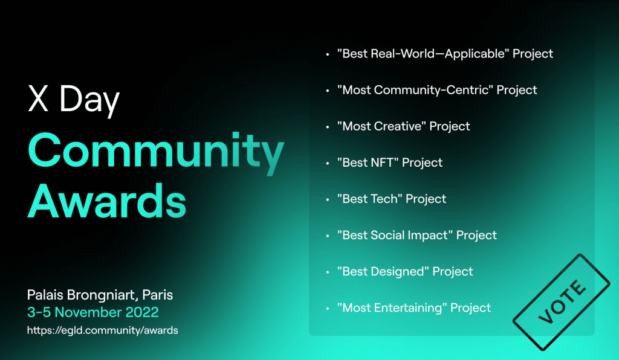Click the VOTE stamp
(x=562, y=303)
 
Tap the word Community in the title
(x=156, y=153)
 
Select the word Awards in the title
(x=106, y=201)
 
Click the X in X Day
(x=38, y=98)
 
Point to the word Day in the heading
(x=89, y=101)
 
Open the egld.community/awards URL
(x=103, y=330)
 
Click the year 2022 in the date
(x=142, y=312)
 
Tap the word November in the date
(x=88, y=312)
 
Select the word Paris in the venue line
(x=158, y=295)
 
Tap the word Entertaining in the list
(x=408, y=308)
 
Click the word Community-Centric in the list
(x=431, y=90)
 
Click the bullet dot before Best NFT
(x=327, y=163)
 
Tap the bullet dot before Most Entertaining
(x=327, y=308)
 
